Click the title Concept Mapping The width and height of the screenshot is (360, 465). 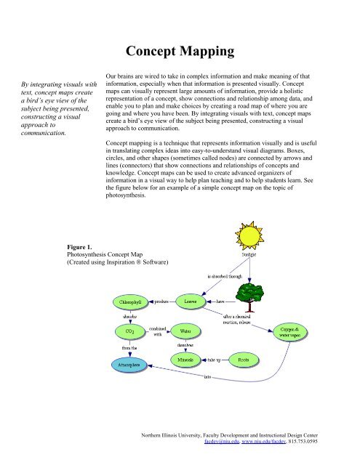coord(180,52)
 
